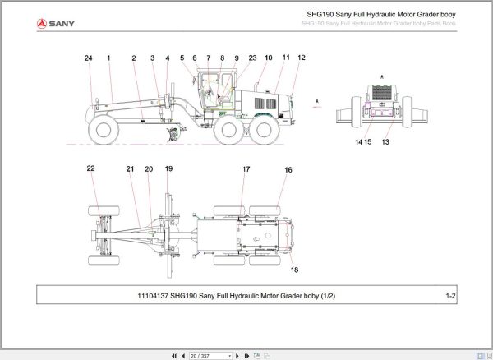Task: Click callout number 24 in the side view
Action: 88,58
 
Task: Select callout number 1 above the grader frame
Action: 109,58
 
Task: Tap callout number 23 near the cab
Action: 252,58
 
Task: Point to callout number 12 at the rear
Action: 302,58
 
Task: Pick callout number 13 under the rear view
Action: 385,142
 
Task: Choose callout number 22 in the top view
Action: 91,168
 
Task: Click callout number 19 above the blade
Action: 168,168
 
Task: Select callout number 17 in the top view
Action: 245,169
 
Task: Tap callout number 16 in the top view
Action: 288,170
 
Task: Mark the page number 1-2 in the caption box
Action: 450,296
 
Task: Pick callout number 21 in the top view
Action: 130,168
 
